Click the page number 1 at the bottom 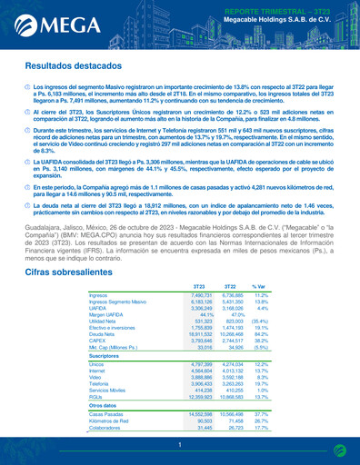pos(180,445)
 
